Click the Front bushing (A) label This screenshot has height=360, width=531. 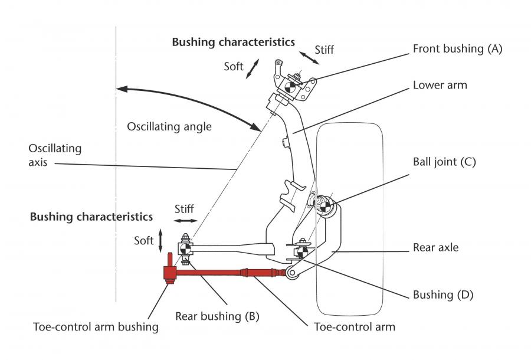[457, 49]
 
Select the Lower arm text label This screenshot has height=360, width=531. [440, 85]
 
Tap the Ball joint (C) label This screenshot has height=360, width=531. [444, 162]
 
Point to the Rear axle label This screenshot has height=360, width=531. [435, 247]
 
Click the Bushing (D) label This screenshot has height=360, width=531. [443, 294]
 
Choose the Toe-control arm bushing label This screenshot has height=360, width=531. [96, 327]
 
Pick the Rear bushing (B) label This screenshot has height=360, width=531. [217, 316]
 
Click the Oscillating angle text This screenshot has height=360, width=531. [169, 127]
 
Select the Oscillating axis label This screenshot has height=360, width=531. [55, 155]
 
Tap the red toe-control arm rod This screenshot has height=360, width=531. [230, 272]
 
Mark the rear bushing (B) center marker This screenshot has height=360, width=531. [185, 249]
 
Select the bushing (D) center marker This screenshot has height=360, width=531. [302, 252]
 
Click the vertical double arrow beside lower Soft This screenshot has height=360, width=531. [160, 241]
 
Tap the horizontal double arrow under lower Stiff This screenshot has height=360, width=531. [186, 221]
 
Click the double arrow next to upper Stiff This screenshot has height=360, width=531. [309, 58]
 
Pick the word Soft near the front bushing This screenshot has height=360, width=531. [233, 66]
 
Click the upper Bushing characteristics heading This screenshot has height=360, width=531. [233, 42]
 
